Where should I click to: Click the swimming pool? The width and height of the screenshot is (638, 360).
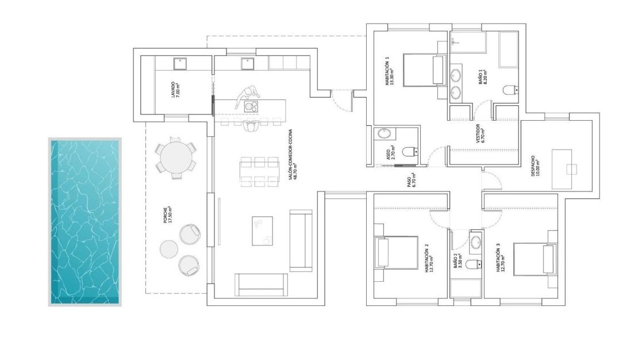[85, 222]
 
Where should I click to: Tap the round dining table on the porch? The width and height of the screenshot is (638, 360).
[176, 158]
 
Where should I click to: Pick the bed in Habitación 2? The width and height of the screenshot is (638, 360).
[397, 253]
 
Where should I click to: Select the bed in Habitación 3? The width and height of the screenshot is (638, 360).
[535, 258]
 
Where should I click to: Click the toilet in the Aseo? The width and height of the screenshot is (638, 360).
[409, 152]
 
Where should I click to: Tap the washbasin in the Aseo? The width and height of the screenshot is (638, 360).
[384, 135]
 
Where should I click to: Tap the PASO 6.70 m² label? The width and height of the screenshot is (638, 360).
[411, 181]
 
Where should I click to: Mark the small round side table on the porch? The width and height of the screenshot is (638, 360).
[169, 250]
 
